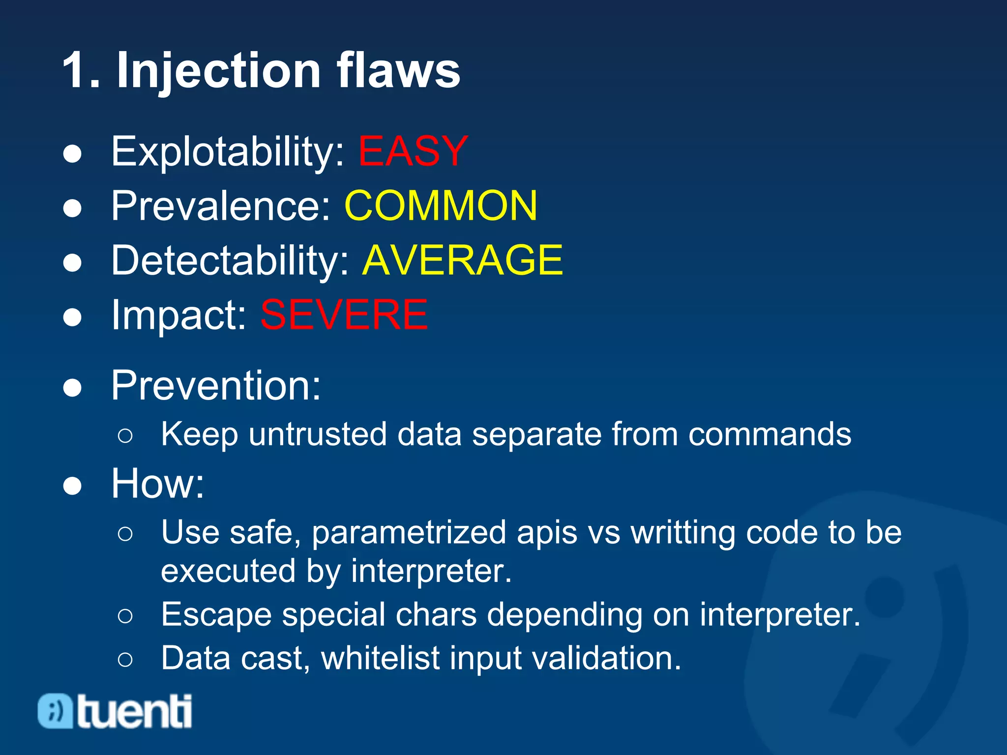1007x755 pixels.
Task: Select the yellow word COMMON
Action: point(441,206)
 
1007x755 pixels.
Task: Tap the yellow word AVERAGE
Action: point(462,261)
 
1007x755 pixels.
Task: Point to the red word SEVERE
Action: point(344,315)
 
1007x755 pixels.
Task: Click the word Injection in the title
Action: point(218,71)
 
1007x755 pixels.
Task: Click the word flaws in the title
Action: point(398,71)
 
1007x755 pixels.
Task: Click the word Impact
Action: point(178,316)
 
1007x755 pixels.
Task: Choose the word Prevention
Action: point(215,386)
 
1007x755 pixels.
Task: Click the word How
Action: point(157,484)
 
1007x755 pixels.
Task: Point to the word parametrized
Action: point(409,533)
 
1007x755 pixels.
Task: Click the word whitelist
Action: point(380,659)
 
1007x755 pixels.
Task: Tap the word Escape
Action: point(216,615)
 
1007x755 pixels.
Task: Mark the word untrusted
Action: point(317,435)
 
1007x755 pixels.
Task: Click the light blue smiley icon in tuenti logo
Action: point(56,711)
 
